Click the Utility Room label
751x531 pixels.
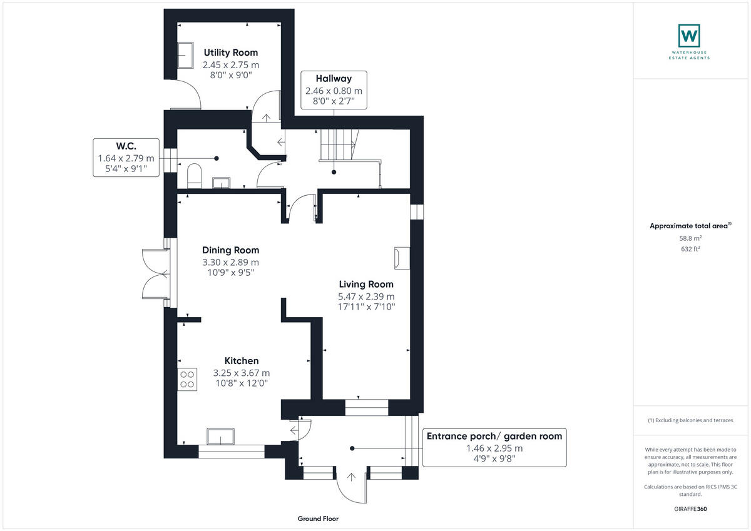tap(230, 53)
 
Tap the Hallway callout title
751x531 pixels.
tap(334, 79)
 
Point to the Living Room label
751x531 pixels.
tap(366, 284)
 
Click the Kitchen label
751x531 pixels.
tap(242, 361)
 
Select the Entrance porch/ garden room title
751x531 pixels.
tap(494, 436)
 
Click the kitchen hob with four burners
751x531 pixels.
tap(187, 379)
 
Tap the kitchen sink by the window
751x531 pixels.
tap(220, 436)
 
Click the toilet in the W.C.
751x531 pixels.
tap(194, 176)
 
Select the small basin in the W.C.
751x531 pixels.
tap(221, 183)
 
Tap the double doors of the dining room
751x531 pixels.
tap(154, 273)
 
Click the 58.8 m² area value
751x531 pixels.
tap(690, 238)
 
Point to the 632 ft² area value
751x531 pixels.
tap(690, 249)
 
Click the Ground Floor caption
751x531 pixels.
tap(319, 518)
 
